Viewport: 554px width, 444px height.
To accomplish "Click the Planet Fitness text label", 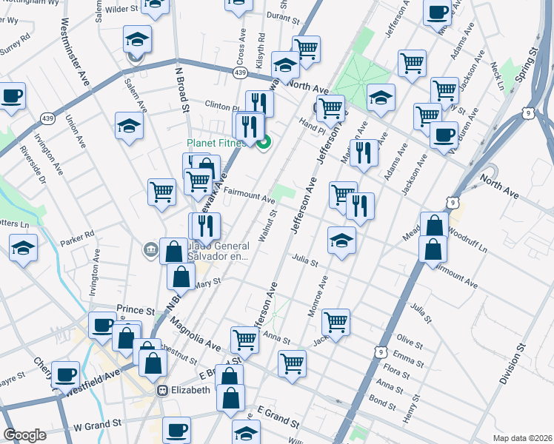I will (216, 143).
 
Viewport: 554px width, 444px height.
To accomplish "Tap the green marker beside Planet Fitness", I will (263, 143).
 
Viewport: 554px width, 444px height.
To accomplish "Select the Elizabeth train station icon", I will (162, 390).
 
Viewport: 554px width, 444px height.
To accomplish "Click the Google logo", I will (24, 435).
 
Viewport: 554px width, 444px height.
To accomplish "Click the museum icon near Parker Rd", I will (151, 250).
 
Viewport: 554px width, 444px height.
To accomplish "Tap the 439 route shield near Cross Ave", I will (240, 73).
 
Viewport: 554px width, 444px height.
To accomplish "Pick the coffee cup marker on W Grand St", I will (176, 429).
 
